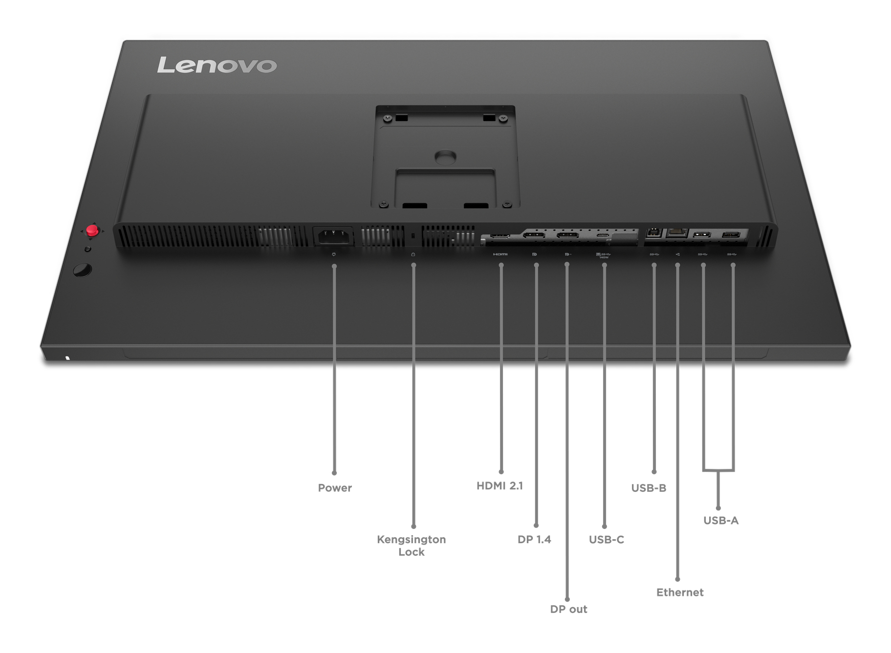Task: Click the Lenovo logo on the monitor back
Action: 217,65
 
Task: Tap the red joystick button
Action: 92,231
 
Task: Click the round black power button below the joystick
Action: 82,270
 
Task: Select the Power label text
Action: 335,488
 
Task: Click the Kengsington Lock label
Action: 411,546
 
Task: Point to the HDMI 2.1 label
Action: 500,486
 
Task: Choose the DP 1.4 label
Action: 534,540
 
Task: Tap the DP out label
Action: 568,610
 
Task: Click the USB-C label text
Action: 606,540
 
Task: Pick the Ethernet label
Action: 680,592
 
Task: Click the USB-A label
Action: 721,521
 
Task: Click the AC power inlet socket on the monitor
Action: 334,237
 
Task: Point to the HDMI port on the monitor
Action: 500,236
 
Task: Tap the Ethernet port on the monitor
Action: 677,232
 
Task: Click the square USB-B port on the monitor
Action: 654,232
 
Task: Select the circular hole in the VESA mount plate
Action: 445,157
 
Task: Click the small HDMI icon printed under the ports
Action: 500,254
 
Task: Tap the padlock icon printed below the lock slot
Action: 413,254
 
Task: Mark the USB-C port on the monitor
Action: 603,236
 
